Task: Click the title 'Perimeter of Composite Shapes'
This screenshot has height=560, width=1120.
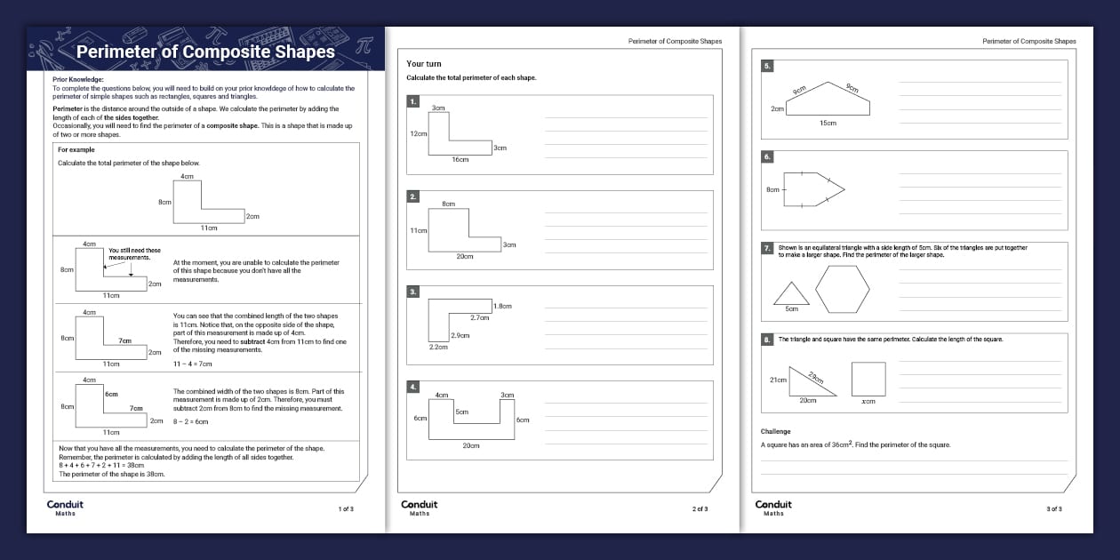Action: (205, 52)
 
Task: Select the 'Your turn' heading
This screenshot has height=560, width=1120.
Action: (424, 64)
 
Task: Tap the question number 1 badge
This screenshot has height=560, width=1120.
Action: (412, 101)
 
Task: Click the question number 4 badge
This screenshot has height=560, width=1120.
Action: (412, 387)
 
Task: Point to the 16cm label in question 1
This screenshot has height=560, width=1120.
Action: (460, 160)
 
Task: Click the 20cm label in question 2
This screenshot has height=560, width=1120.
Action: (465, 256)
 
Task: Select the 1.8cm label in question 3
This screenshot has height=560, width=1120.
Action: (502, 306)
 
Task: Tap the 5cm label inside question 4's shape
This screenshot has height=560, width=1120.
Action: (462, 412)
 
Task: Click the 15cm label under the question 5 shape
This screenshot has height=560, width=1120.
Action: (828, 124)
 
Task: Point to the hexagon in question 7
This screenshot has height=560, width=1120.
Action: (843, 289)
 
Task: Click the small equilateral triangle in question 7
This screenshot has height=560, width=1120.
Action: (791, 293)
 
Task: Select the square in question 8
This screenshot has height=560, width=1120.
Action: (868, 379)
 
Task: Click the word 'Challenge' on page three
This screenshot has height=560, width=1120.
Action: (776, 432)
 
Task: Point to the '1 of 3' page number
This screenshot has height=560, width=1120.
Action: (346, 509)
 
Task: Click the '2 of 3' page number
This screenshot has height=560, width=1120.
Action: (700, 509)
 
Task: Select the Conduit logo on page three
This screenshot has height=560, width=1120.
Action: (773, 507)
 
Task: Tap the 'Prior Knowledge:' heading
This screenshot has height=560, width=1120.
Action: (78, 79)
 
